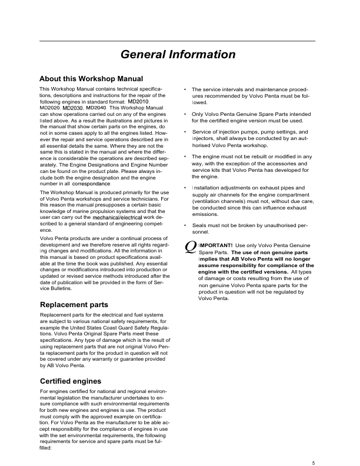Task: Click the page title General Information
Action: [x=178, y=55]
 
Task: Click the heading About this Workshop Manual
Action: [x=91, y=78]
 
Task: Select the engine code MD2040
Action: [x=96, y=108]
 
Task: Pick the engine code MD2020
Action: [x=49, y=108]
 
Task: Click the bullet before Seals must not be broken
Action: [x=185, y=225]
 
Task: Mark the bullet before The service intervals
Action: [x=185, y=89]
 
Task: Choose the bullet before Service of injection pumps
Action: [x=185, y=132]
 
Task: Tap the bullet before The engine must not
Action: [x=185, y=157]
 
